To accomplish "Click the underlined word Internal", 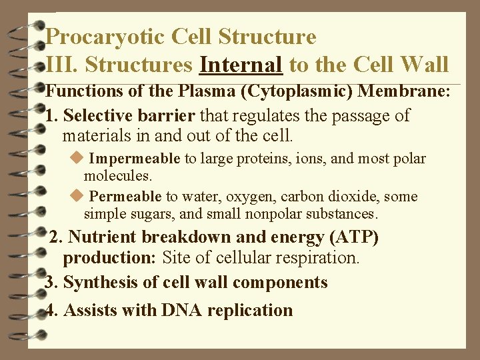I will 241,65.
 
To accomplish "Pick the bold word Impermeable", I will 134,159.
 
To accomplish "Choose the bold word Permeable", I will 125,197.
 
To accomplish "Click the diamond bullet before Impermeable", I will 76,159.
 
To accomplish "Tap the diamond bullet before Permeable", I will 76,196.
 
